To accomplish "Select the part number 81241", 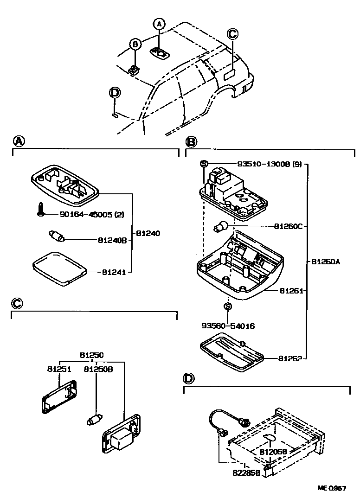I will (114, 272).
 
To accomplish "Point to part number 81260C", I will (288, 227).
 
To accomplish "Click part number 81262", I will (290, 358).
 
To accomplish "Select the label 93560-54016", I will (228, 326).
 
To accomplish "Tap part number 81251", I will (58, 369).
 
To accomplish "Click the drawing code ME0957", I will (332, 488).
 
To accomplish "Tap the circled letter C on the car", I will (232, 34).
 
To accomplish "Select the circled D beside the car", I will (115, 93).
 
